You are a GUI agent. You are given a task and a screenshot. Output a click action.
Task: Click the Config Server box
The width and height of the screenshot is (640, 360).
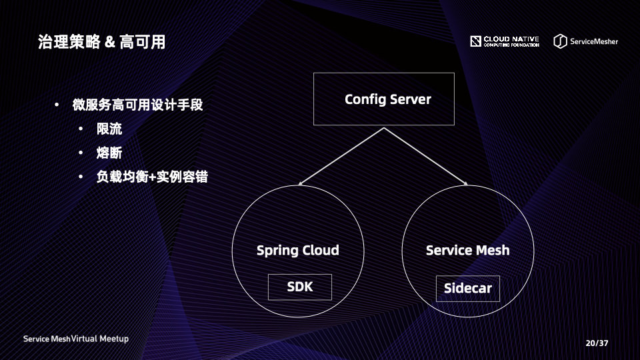383,99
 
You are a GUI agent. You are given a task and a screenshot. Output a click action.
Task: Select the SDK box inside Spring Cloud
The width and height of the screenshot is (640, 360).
299,287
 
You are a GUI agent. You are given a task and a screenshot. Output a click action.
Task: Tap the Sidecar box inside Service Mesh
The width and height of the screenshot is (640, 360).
467,289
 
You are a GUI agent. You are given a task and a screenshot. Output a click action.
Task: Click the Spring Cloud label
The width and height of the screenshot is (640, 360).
298,251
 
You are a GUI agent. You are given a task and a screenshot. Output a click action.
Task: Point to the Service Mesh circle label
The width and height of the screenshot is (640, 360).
467,251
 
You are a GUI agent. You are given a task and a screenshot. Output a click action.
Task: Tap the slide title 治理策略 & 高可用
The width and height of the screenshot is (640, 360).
101,43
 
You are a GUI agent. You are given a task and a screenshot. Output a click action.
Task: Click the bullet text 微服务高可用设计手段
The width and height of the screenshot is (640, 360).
137,105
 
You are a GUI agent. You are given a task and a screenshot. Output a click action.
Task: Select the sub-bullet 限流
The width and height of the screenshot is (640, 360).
109,129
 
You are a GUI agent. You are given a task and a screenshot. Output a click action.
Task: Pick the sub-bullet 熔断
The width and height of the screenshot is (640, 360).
109,153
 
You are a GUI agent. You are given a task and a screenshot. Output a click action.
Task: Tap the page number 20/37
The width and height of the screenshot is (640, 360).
597,343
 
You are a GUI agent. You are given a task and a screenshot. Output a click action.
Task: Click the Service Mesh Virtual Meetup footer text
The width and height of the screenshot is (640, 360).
76,339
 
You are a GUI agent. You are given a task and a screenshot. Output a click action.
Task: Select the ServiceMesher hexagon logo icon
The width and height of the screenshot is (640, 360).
560,41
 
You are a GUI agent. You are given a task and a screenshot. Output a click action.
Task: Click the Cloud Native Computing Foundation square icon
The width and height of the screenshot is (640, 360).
475,41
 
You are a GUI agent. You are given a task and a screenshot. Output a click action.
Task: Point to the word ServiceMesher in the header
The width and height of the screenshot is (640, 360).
593,41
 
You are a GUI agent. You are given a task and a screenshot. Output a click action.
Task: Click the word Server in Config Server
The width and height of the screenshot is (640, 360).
410,99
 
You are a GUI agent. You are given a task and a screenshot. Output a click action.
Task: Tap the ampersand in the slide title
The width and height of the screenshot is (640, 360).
111,43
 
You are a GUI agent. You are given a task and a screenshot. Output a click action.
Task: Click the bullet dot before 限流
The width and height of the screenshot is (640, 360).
81,129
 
